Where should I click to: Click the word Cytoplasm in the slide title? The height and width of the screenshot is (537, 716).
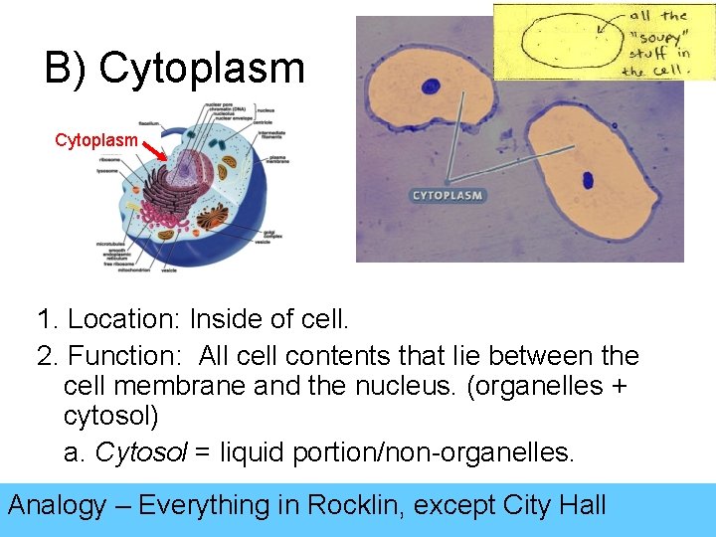(x=202, y=68)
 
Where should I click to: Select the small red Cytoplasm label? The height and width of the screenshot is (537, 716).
(x=96, y=140)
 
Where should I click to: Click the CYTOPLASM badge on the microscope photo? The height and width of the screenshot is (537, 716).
(x=447, y=195)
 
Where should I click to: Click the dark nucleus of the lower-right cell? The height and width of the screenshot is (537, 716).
(x=587, y=180)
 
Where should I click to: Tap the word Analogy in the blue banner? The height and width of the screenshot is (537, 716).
(x=57, y=505)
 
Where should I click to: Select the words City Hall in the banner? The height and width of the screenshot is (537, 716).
(x=556, y=505)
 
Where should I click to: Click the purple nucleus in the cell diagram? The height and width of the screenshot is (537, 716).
(x=187, y=160)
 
